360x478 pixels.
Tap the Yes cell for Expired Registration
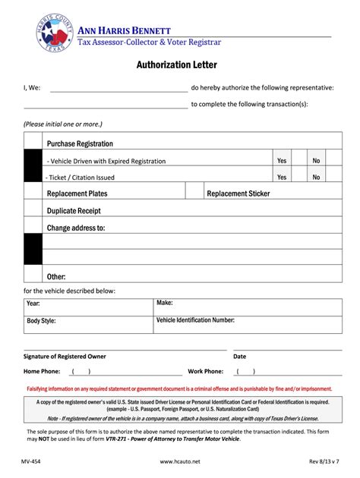click(x=282, y=161)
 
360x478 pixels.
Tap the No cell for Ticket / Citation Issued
click(x=317, y=177)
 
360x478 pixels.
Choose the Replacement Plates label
click(x=77, y=193)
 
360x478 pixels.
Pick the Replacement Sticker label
click(x=238, y=193)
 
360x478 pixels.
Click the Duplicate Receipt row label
click(x=74, y=210)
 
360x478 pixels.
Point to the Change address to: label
click(x=76, y=227)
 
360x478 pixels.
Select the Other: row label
click(x=56, y=277)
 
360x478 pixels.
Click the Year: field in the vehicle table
click(x=33, y=303)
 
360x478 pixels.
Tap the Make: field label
click(x=165, y=303)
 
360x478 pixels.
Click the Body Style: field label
click(x=42, y=321)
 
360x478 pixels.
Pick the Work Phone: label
click(x=205, y=372)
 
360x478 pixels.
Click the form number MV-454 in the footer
click(x=31, y=461)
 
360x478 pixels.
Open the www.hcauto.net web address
click(x=180, y=461)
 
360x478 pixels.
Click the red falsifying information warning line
click(x=180, y=388)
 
